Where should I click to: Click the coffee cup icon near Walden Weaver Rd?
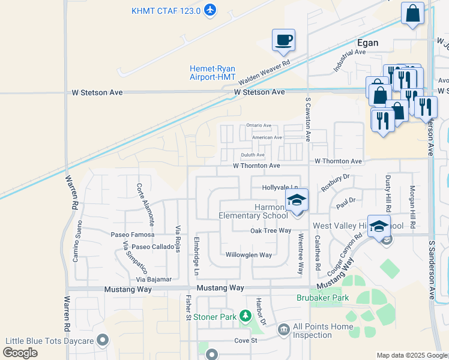[x=283, y=40]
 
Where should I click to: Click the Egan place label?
[x=367, y=43]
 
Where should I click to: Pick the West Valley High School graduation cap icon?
[x=379, y=227]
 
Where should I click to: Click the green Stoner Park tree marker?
[x=245, y=315]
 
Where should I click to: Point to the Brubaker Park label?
[x=322, y=298]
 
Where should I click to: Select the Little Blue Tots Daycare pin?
[x=103, y=340]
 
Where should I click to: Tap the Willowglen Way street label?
[x=249, y=255]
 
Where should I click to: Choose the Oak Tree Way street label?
[x=270, y=230]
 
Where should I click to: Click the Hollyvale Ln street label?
[x=280, y=188]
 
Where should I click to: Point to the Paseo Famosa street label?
[x=132, y=234]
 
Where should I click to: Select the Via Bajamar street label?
[x=154, y=279]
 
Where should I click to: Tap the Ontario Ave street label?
[x=259, y=125]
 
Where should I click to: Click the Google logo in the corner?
[x=21, y=353]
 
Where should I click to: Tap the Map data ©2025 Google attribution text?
[x=411, y=355]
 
